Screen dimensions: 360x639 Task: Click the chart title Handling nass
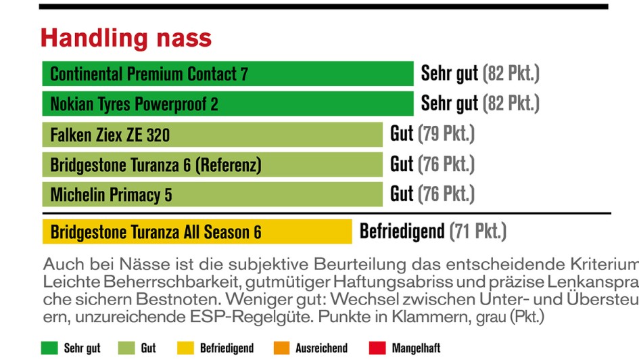pyautogui.click(x=126, y=37)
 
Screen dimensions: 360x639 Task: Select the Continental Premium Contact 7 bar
pyautogui.click(x=227, y=74)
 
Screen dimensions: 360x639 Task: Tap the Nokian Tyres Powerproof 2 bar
pyautogui.click(x=227, y=104)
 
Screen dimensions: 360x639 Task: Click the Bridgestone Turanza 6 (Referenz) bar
pyautogui.click(x=212, y=164)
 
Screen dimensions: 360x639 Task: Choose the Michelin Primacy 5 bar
pyautogui.click(x=212, y=195)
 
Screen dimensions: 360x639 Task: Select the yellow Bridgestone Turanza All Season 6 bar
pyautogui.click(x=197, y=232)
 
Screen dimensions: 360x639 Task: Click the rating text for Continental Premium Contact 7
pyautogui.click(x=480, y=73)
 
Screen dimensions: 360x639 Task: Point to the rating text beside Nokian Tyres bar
pyautogui.click(x=480, y=104)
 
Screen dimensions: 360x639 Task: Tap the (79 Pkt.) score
pyautogui.click(x=446, y=134)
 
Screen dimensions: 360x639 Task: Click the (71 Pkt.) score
pyautogui.click(x=477, y=231)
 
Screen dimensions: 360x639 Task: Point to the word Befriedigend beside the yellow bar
pyautogui.click(x=402, y=231)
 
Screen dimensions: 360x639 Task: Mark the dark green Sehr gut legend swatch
pyautogui.click(x=49, y=348)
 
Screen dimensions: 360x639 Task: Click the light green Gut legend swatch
pyautogui.click(x=126, y=348)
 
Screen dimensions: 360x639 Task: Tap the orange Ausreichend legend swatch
pyautogui.click(x=281, y=348)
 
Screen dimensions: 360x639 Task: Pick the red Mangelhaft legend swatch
pyautogui.click(x=377, y=348)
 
